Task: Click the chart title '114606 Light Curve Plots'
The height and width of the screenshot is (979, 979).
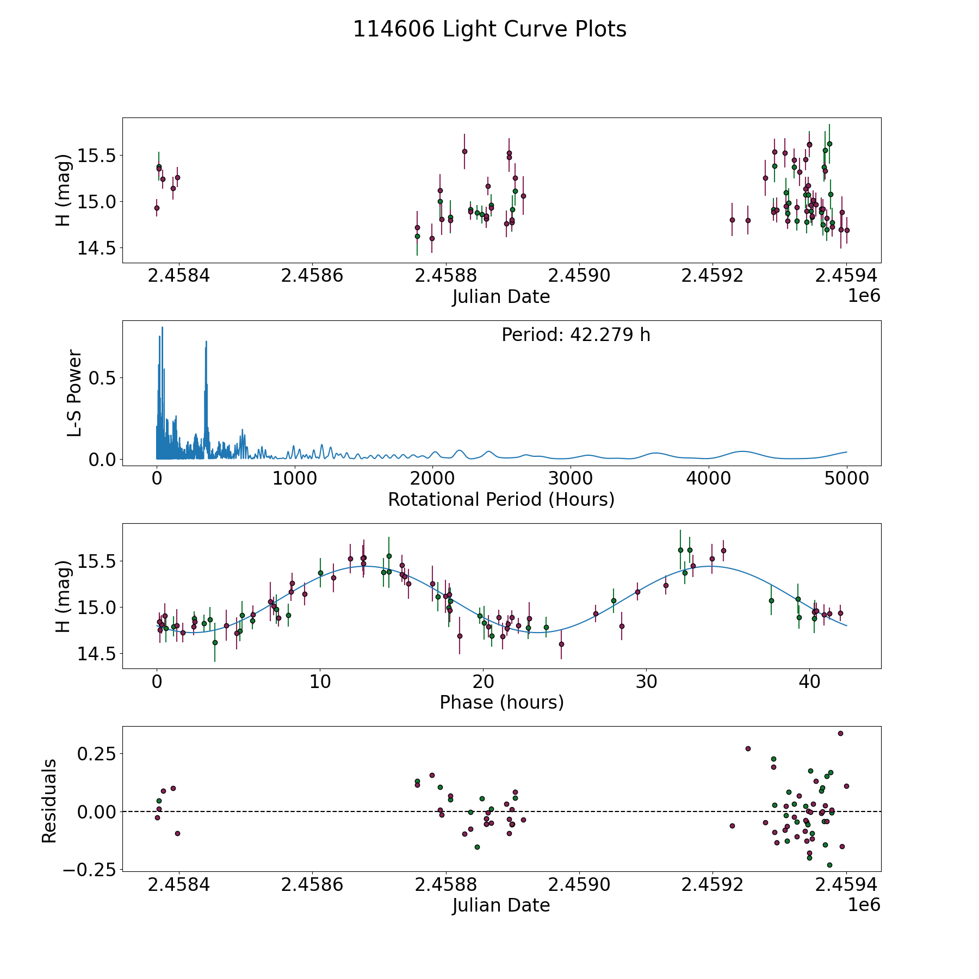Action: [x=489, y=29]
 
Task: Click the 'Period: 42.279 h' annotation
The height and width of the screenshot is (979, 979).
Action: [x=575, y=335]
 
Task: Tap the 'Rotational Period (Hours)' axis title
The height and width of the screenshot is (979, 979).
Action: [x=501, y=499]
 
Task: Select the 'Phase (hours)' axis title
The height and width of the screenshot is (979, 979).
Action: [x=501, y=702]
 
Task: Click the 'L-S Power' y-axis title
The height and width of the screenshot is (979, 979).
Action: [x=75, y=393]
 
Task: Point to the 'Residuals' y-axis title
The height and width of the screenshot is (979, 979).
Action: [x=49, y=801]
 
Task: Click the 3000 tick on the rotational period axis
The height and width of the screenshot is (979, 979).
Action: [x=571, y=479]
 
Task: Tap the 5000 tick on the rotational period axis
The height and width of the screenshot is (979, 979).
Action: [x=846, y=479]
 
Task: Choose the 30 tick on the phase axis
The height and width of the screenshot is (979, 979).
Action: [x=646, y=681]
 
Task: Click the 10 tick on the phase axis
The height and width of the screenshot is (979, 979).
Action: [x=320, y=681]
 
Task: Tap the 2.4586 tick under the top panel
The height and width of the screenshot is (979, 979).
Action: [x=312, y=276]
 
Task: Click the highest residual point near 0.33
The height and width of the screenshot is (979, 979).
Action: [x=840, y=733]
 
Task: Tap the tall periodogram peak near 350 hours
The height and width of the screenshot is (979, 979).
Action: [x=206, y=342]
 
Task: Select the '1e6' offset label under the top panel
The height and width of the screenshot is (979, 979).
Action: [x=864, y=296]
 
